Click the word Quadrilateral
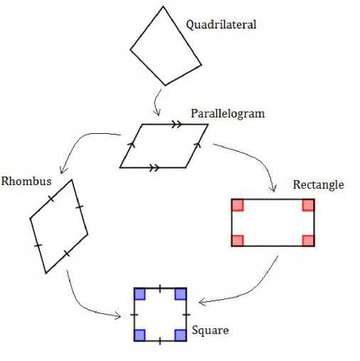pyautogui.click(x=221, y=25)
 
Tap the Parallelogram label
pyautogui.click(x=228, y=114)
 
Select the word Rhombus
pyautogui.click(x=26, y=181)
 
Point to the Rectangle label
pyautogui.click(x=319, y=185)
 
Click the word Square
pyautogui.click(x=211, y=330)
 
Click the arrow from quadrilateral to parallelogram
pyautogui.click(x=155, y=102)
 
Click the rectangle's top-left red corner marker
pyautogui.click(x=238, y=205)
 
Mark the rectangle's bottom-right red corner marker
pyautogui.click(x=309, y=241)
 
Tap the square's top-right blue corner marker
pyautogui.click(x=181, y=294)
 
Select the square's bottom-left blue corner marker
pyautogui.click(x=139, y=335)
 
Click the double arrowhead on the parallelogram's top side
pyautogui.click(x=176, y=124)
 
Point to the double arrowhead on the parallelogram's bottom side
pyautogui.click(x=154, y=167)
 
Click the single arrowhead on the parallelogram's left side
pyautogui.click(x=132, y=145)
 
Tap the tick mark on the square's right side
pyautogui.click(x=186, y=315)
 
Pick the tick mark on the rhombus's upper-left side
pyautogui.click(x=51, y=199)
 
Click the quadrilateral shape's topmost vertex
pyautogui.click(x=163, y=6)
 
